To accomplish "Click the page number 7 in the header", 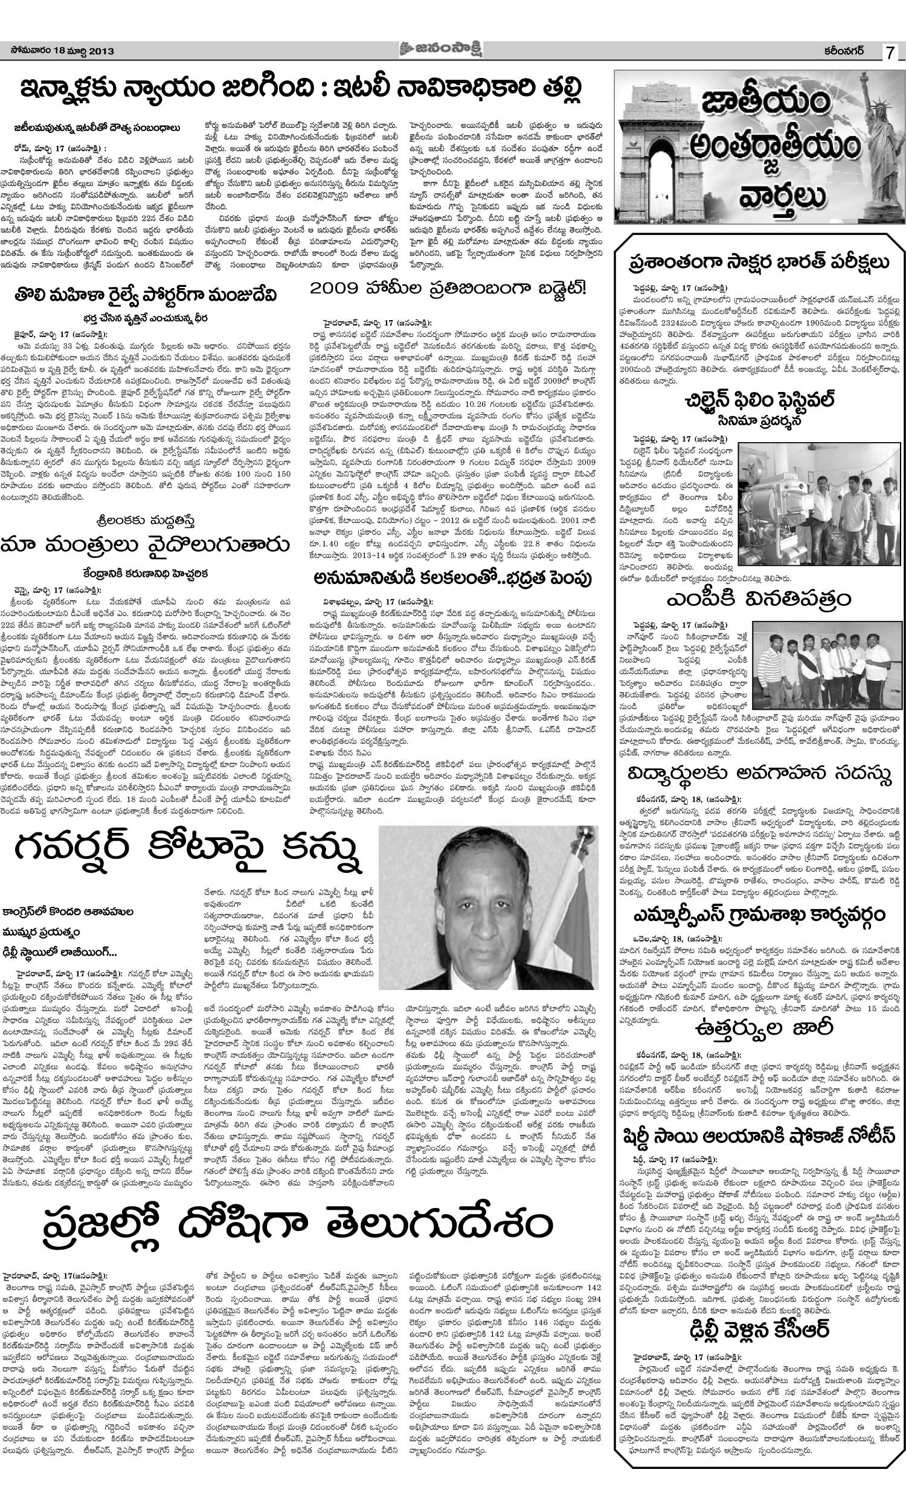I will point(890,53).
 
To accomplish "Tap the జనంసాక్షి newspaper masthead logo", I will point(449,50).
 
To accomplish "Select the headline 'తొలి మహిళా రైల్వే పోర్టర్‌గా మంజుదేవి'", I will point(147,295).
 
